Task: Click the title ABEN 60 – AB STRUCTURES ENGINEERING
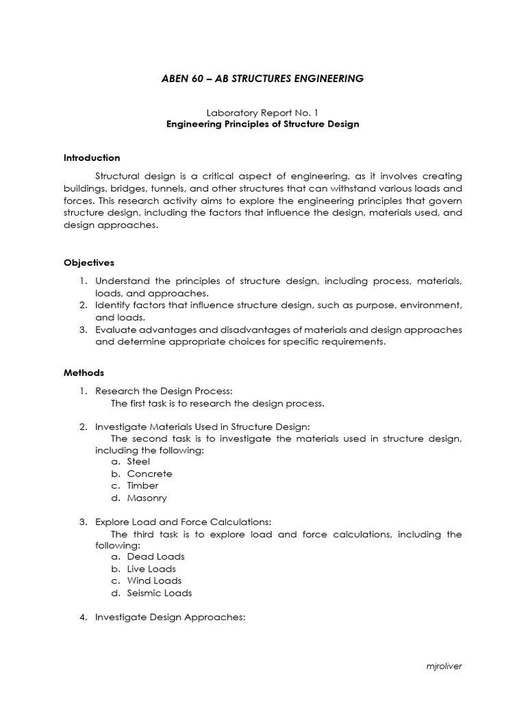262,79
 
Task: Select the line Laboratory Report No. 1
262,112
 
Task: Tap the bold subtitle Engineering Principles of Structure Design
262,124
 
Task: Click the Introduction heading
92,157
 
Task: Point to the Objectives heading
89,262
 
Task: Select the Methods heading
84,373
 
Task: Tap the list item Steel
138,461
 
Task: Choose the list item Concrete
149,474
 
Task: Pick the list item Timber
142,486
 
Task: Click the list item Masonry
147,498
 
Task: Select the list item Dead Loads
155,557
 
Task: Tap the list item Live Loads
151,569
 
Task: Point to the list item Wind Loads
154,581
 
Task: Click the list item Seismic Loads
159,594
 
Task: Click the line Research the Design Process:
159,391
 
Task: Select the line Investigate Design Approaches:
170,617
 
